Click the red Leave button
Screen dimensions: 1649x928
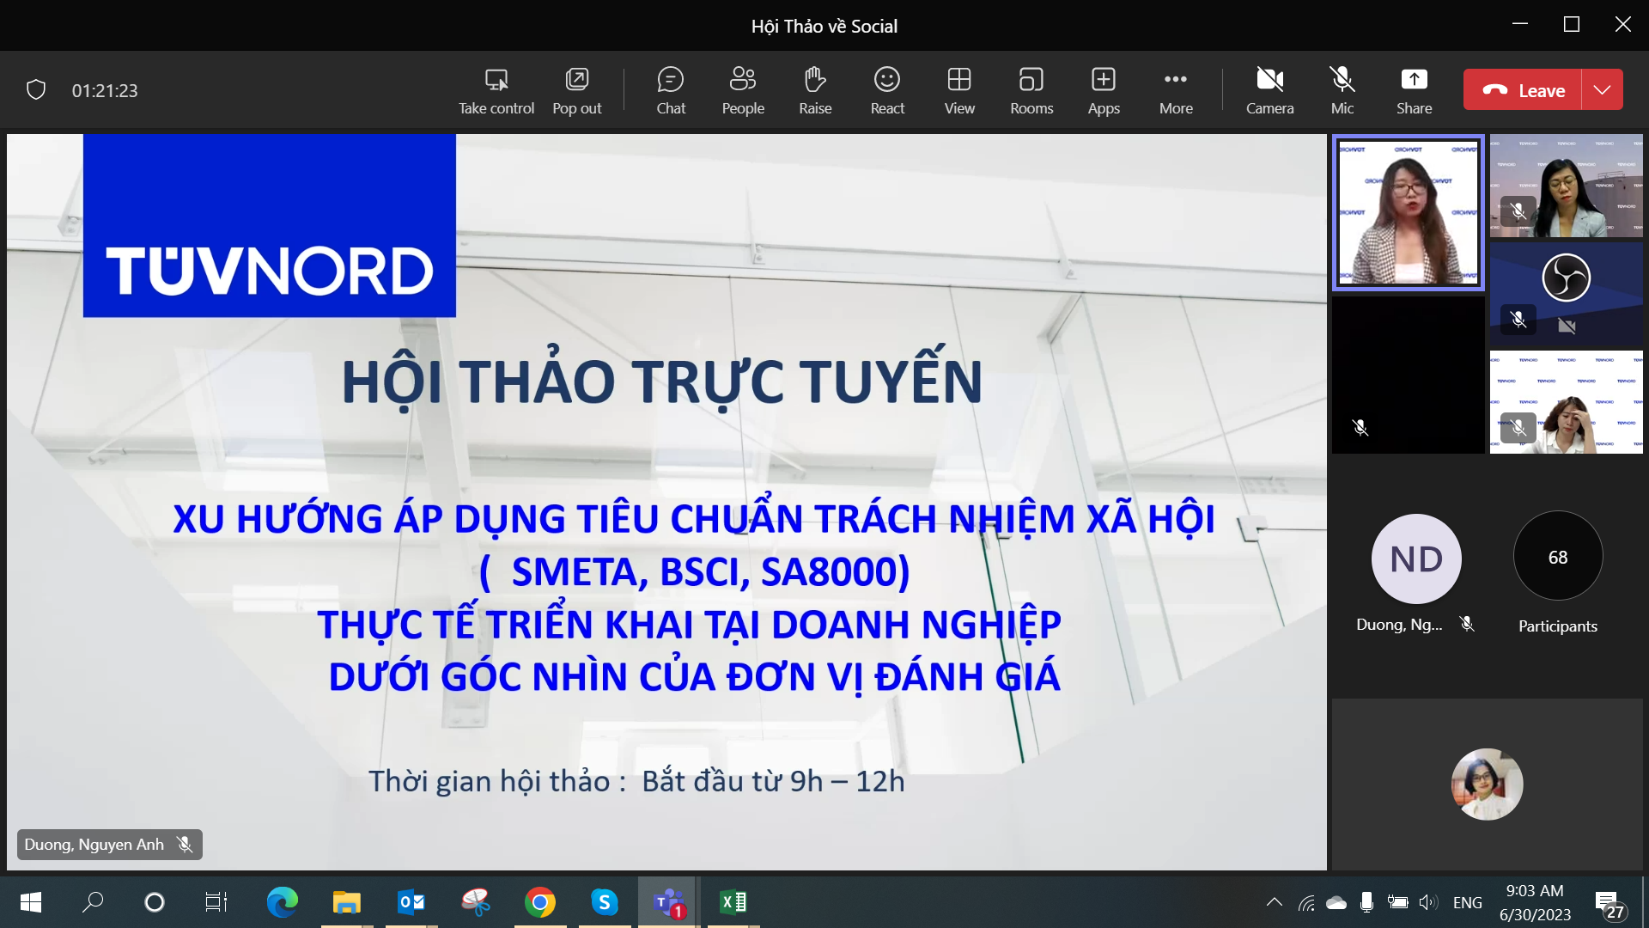coord(1522,89)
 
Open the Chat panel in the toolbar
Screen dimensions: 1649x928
coord(671,89)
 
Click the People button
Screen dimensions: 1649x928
coord(743,89)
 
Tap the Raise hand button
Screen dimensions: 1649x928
coord(815,89)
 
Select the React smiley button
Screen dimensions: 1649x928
coord(887,89)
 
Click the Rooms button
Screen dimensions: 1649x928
coord(1031,89)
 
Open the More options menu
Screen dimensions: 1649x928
coord(1176,89)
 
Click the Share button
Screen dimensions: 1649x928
coord(1414,89)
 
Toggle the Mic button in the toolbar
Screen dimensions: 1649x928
coord(1342,89)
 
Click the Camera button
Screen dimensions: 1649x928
coord(1269,89)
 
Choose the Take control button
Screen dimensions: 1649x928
coord(496,89)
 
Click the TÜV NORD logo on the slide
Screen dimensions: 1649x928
coord(270,226)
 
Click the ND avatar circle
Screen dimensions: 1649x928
coord(1416,559)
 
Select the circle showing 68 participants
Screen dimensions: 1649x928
coord(1558,557)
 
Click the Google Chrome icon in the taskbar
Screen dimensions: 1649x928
coord(540,902)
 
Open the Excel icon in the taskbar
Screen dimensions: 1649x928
coord(733,902)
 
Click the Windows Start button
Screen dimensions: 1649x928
coord(31,902)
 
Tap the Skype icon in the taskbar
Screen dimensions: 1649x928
coord(605,902)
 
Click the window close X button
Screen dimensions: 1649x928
coord(1622,24)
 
